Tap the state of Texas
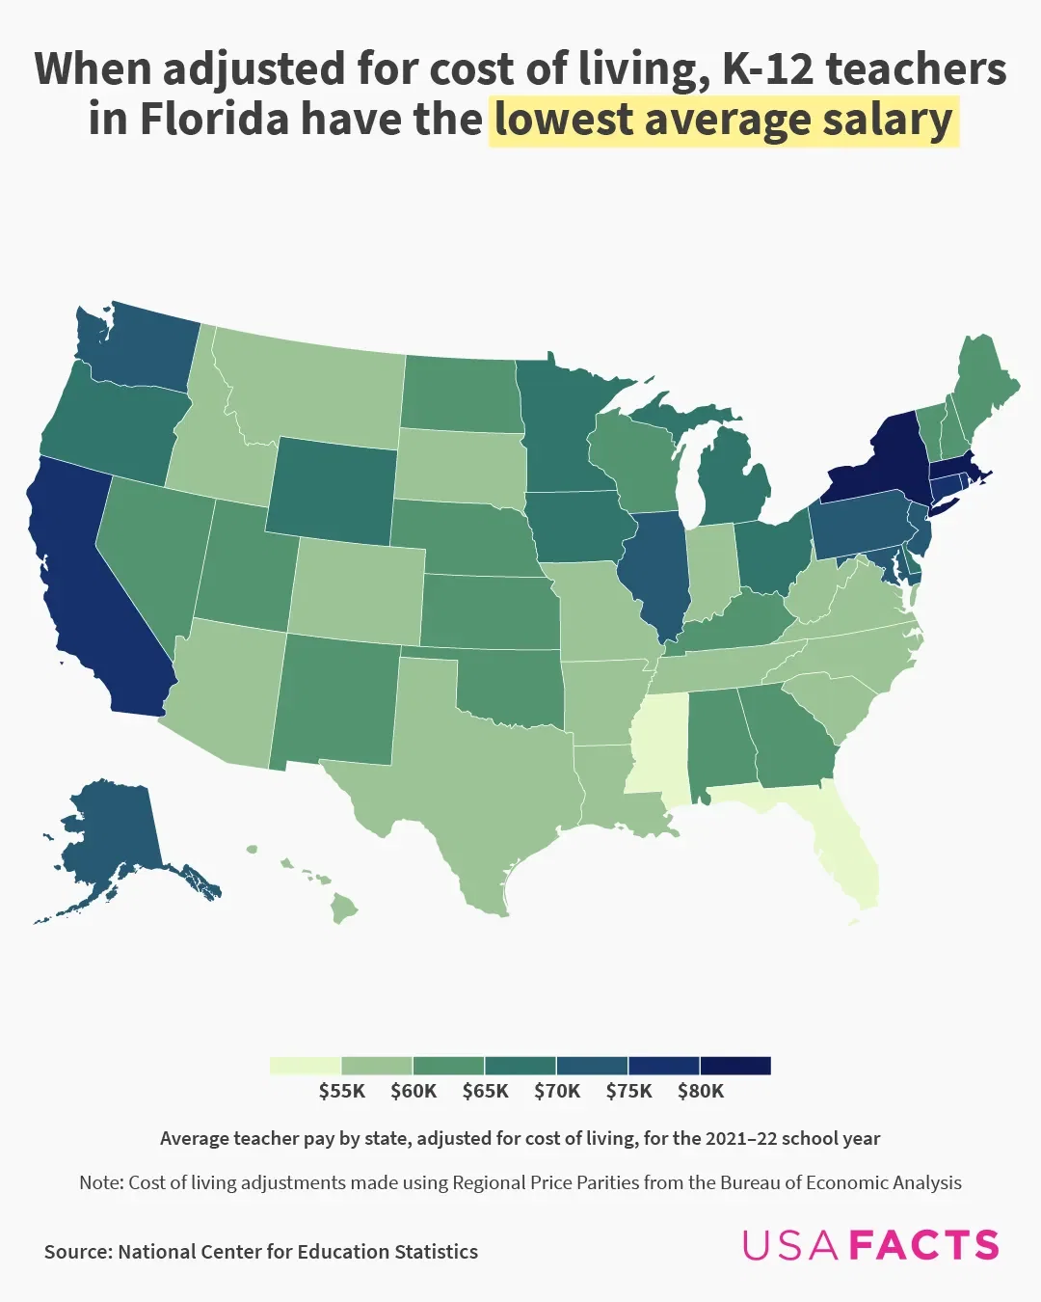pos(472,781)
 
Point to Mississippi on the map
pos(660,752)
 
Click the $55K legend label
pos(342,1091)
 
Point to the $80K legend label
pos(701,1091)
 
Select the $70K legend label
pos(557,1091)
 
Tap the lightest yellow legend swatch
pos(306,1066)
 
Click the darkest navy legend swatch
pos(735,1066)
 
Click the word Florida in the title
pos(215,120)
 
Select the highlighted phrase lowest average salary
pos(723,120)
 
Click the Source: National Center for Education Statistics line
pos(261,1252)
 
